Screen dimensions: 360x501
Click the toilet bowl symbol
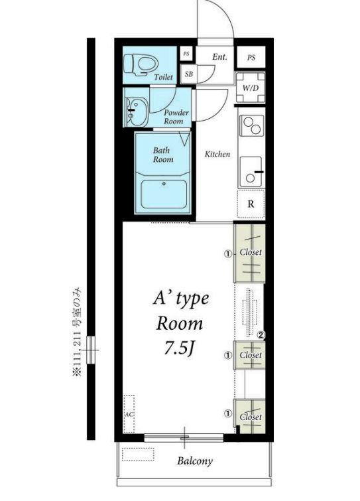[x=141, y=64]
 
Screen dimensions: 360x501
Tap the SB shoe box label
[x=188, y=74]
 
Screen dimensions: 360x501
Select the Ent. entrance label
[x=219, y=57]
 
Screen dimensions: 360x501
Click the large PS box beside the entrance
[x=251, y=58]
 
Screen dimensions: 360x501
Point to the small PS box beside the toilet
[x=186, y=54]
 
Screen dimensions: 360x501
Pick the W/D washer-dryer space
[x=251, y=88]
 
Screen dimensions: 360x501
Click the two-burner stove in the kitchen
[x=251, y=125]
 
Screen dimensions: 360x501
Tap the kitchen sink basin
[x=251, y=172]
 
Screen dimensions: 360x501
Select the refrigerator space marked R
[x=251, y=204]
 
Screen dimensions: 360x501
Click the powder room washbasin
[x=137, y=112]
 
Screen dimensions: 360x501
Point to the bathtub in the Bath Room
[x=164, y=194]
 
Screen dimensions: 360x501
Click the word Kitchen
[x=217, y=154]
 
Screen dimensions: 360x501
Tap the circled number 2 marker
[x=261, y=335]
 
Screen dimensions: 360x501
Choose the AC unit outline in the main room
[x=129, y=414]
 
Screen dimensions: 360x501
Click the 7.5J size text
[x=179, y=348]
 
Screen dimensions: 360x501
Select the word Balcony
[x=195, y=461]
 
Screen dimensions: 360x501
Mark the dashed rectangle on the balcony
[x=138, y=455]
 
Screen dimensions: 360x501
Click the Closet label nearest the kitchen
[x=251, y=252]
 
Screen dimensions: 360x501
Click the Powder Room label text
[x=176, y=117]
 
